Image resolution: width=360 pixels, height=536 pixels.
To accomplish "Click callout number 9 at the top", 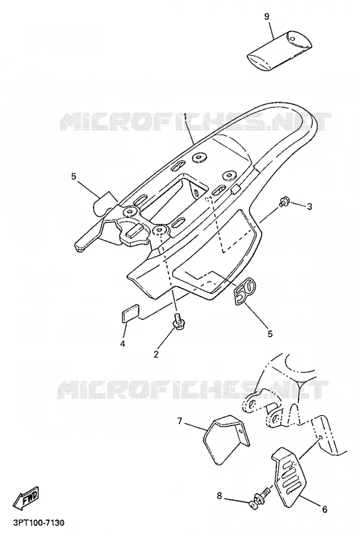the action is [x=267, y=17].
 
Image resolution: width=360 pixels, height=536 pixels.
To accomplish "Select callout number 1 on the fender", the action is [x=185, y=117].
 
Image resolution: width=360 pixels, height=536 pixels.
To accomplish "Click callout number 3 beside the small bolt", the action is [x=309, y=207].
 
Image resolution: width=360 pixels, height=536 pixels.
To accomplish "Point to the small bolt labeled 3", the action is [x=284, y=202].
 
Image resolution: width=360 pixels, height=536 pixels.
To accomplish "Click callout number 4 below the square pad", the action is [x=122, y=343].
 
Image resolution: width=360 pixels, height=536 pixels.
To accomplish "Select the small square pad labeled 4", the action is [x=131, y=313].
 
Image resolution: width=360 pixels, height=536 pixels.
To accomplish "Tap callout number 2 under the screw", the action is [x=156, y=354].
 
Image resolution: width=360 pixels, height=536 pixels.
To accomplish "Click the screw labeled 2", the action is [x=178, y=322].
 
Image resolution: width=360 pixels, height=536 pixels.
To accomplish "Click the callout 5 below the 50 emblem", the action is [x=270, y=334].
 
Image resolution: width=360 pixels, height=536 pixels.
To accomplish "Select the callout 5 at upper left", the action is [x=73, y=176].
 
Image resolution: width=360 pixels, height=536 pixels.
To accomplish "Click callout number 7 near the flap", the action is [x=180, y=421].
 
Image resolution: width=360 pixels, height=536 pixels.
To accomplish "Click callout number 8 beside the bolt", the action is [x=220, y=496].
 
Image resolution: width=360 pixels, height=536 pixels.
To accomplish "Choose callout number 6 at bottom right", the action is [x=324, y=510].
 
